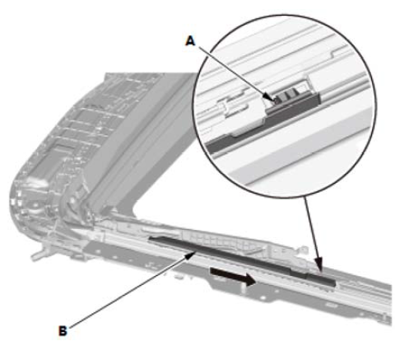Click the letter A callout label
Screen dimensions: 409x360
(x=190, y=41)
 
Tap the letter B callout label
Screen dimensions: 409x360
(x=63, y=331)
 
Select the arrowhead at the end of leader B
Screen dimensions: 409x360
(x=191, y=255)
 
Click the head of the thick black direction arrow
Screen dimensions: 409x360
(x=251, y=279)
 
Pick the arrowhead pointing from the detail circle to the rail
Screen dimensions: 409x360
(x=318, y=267)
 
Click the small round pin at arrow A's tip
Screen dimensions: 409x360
(x=277, y=101)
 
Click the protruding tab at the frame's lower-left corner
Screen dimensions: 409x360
(x=39, y=255)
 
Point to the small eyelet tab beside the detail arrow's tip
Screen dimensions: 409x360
(x=304, y=250)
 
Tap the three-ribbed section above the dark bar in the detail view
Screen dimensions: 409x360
(x=287, y=96)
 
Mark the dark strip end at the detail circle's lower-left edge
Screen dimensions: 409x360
(x=216, y=145)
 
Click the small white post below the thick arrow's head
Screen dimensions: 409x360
(x=244, y=289)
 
